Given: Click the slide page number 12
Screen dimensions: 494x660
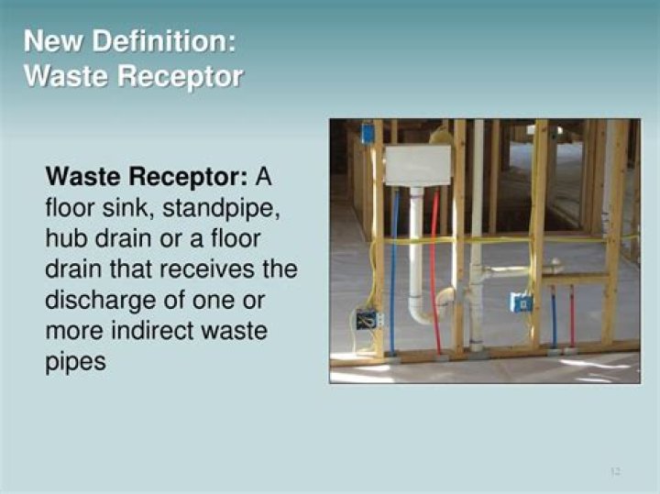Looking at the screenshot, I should pos(615,471).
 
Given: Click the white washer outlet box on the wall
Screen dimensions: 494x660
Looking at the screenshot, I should pos(417,165).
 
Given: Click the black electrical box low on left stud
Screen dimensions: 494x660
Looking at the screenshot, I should pos(367,320).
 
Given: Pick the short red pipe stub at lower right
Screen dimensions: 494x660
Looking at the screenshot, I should pos(572,317).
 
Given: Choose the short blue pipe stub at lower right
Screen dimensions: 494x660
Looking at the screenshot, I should pos(553,317).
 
